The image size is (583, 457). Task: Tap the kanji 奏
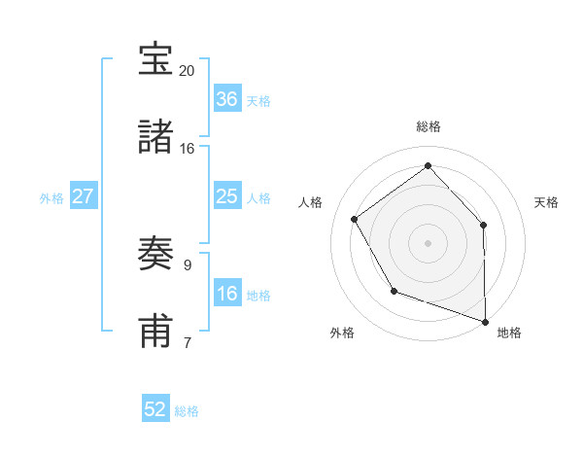point(156,255)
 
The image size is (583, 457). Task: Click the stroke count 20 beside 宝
point(188,71)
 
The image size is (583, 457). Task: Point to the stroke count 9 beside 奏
point(188,264)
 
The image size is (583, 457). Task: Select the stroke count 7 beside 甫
point(188,341)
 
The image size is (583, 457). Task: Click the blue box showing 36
point(226,99)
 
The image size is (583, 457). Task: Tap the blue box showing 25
point(226,196)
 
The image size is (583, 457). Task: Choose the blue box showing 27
point(84,196)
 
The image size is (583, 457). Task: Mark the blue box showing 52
point(155,409)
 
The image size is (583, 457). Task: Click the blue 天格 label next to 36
point(258,101)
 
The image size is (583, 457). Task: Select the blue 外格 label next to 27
point(51,198)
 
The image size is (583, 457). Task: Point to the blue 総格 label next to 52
point(188,411)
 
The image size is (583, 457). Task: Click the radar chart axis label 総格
point(429,126)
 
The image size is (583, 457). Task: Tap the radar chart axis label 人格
point(311,202)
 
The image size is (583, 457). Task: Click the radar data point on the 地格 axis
point(486,320)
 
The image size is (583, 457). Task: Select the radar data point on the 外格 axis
point(394,291)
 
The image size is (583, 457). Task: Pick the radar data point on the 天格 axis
point(484,225)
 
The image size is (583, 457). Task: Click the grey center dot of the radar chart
point(429,242)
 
